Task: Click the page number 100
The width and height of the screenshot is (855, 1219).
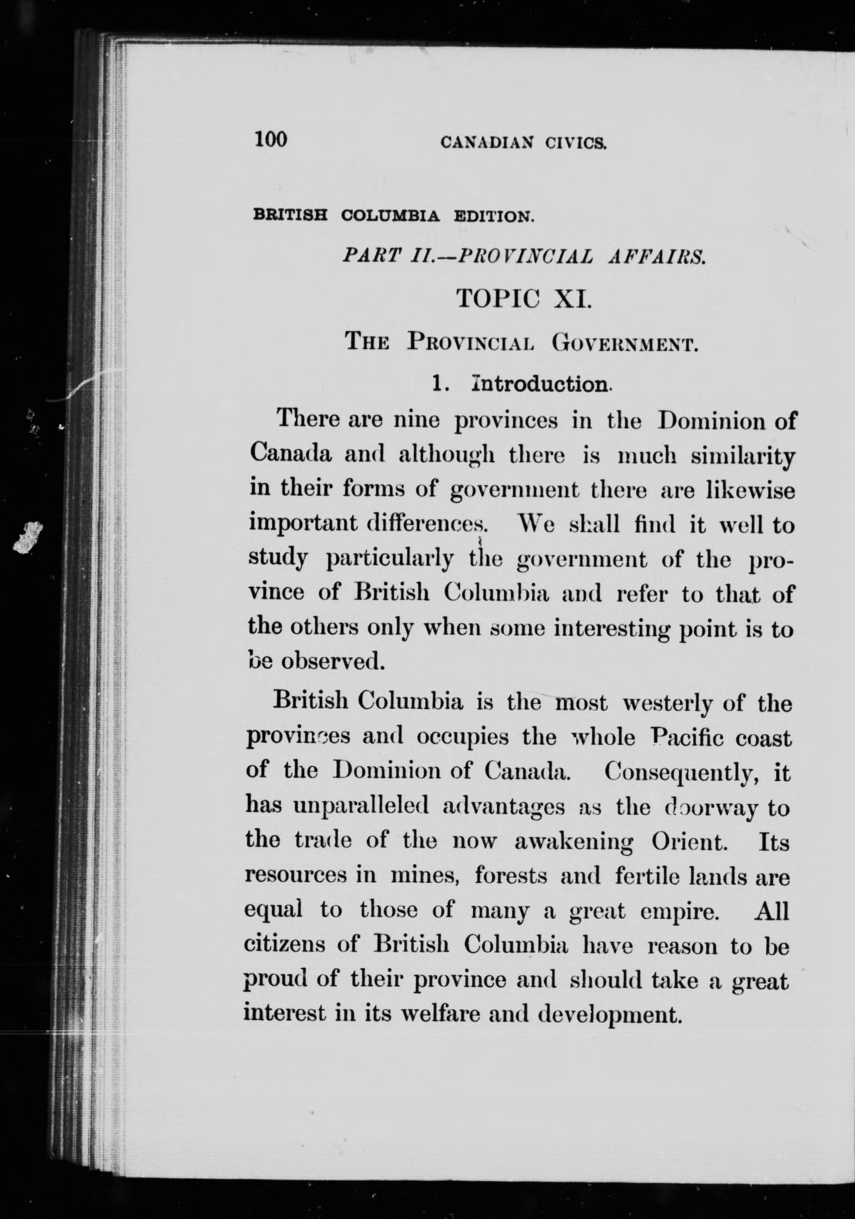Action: pyautogui.click(x=271, y=140)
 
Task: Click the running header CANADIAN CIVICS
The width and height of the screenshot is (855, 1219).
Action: pyautogui.click(x=523, y=143)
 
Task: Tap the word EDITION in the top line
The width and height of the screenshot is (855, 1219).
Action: pyautogui.click(x=494, y=217)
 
